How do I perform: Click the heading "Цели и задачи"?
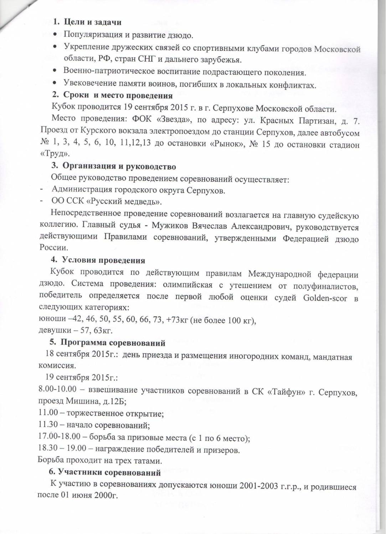tap(92, 22)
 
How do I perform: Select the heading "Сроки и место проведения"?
tap(118, 95)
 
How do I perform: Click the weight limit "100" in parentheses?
tap(235, 320)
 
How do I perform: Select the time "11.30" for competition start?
tap(47, 425)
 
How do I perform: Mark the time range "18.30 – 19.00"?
tap(61, 450)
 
